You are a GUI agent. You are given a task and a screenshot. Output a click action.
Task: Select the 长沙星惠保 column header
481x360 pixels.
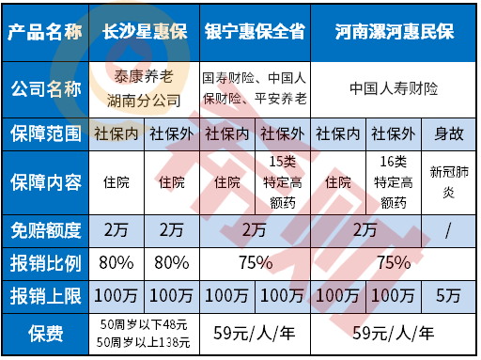[x=146, y=30]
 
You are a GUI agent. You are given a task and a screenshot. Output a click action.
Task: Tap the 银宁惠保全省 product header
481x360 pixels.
[x=254, y=30]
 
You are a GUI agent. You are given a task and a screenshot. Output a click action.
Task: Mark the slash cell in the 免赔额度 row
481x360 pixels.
[x=446, y=227]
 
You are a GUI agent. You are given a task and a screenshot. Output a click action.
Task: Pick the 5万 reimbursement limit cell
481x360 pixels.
[x=446, y=292]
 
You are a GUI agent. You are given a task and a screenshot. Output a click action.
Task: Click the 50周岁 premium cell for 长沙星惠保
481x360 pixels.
[x=146, y=332]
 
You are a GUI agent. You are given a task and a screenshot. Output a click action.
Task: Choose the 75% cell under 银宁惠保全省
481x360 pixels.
[x=254, y=260]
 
